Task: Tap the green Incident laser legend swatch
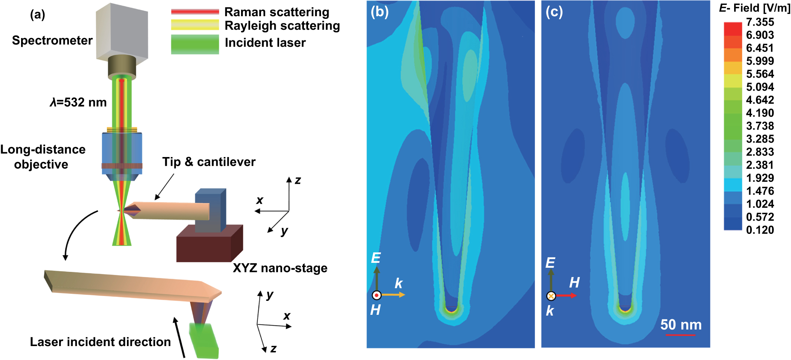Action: [x=195, y=44]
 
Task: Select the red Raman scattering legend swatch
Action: [x=195, y=12]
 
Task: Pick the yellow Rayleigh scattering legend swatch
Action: [x=195, y=25]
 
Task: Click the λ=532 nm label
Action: [x=78, y=102]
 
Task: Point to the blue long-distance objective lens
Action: [x=122, y=153]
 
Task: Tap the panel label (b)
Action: [x=379, y=12]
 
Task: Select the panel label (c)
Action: [x=554, y=12]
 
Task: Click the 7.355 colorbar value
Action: [x=760, y=22]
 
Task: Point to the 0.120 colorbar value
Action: [x=760, y=230]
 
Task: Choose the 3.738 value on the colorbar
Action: [x=760, y=126]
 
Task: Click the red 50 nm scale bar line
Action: [x=680, y=334]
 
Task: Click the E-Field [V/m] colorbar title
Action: [x=754, y=8]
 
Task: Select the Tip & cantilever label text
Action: [x=209, y=162]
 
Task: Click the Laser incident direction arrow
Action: [x=179, y=337]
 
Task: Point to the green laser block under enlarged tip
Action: [x=205, y=341]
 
